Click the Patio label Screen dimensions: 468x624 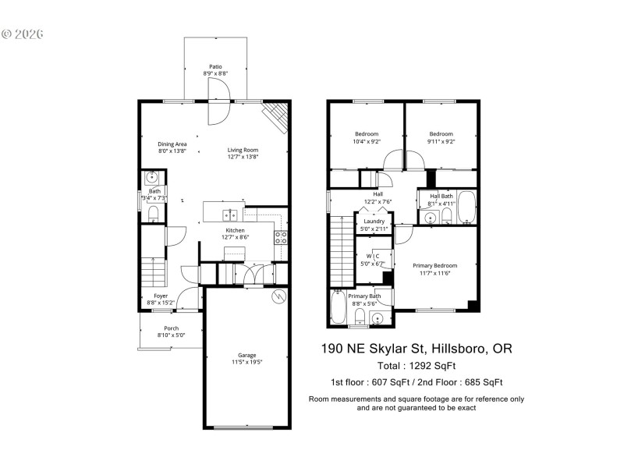214,67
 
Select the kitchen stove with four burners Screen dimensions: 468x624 282,237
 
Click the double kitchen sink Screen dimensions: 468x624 230,215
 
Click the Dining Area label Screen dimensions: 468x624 172,144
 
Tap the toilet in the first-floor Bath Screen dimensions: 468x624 154,213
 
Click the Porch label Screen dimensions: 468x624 171,328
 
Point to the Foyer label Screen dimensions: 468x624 161,296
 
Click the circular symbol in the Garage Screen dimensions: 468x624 277,297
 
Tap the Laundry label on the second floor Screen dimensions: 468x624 374,222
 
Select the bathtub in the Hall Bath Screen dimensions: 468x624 466,207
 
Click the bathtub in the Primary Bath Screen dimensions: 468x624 337,307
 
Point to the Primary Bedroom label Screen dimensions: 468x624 434,266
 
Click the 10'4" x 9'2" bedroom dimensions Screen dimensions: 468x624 366,142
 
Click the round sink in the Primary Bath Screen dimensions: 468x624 378,318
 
